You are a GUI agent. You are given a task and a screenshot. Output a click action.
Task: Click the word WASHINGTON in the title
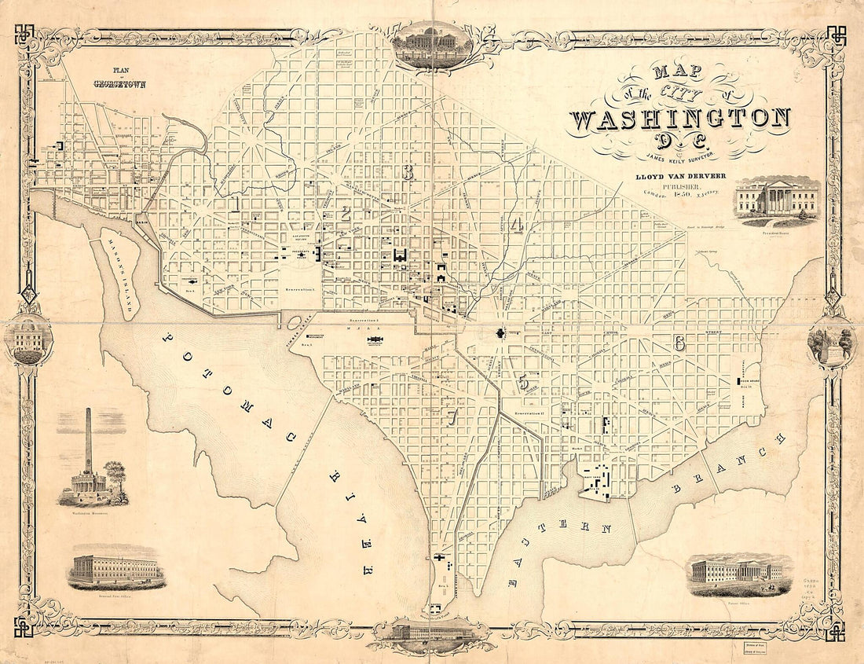pyautogui.click(x=679, y=119)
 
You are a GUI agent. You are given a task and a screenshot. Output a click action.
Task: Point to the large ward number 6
pyautogui.click(x=679, y=343)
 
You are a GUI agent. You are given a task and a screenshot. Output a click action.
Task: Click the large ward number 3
pyautogui.click(x=407, y=173)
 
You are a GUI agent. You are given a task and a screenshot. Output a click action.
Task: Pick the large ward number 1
pyautogui.click(x=236, y=204)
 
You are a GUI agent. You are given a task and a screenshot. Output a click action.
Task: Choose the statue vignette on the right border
pyautogui.click(x=831, y=344)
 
